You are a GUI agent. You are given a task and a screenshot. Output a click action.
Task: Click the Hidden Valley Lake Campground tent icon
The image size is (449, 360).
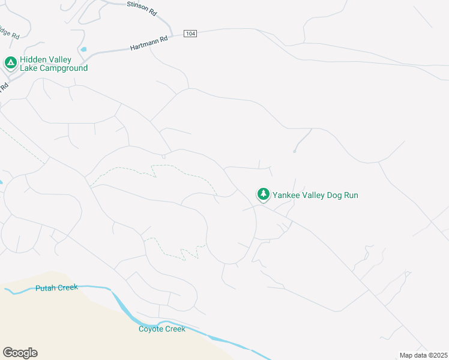pyautogui.click(x=10, y=62)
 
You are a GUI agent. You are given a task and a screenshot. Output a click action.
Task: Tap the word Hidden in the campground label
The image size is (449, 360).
pyautogui.click(x=34, y=60)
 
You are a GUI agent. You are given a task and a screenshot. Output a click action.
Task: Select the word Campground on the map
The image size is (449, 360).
pyautogui.click(x=63, y=68)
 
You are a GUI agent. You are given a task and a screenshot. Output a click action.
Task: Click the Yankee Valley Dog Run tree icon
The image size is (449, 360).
pyautogui.click(x=263, y=194)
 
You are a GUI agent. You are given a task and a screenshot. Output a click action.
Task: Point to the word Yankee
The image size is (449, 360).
pyautogui.click(x=286, y=195)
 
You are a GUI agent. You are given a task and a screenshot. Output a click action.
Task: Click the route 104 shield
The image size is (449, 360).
pyautogui.click(x=190, y=34)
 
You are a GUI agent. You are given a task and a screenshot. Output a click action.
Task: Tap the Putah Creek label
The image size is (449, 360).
pyautogui.click(x=56, y=288)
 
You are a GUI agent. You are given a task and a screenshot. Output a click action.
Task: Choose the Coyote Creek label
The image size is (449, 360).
pyautogui.click(x=162, y=329)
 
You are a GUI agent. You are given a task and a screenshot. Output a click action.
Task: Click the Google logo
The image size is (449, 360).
pyautogui.click(x=20, y=353)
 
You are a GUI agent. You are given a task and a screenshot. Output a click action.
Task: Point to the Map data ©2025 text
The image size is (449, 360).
pyautogui.click(x=423, y=355)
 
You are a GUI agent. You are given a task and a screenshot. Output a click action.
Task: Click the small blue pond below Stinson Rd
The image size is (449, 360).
pyautogui.click(x=83, y=49)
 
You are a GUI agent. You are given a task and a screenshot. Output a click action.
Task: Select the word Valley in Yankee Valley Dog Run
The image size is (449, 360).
pyautogui.click(x=312, y=195)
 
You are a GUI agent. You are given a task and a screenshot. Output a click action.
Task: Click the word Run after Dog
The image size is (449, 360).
pyautogui.click(x=351, y=195)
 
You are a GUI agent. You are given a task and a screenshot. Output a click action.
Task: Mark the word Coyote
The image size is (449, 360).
pyautogui.click(x=152, y=329)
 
